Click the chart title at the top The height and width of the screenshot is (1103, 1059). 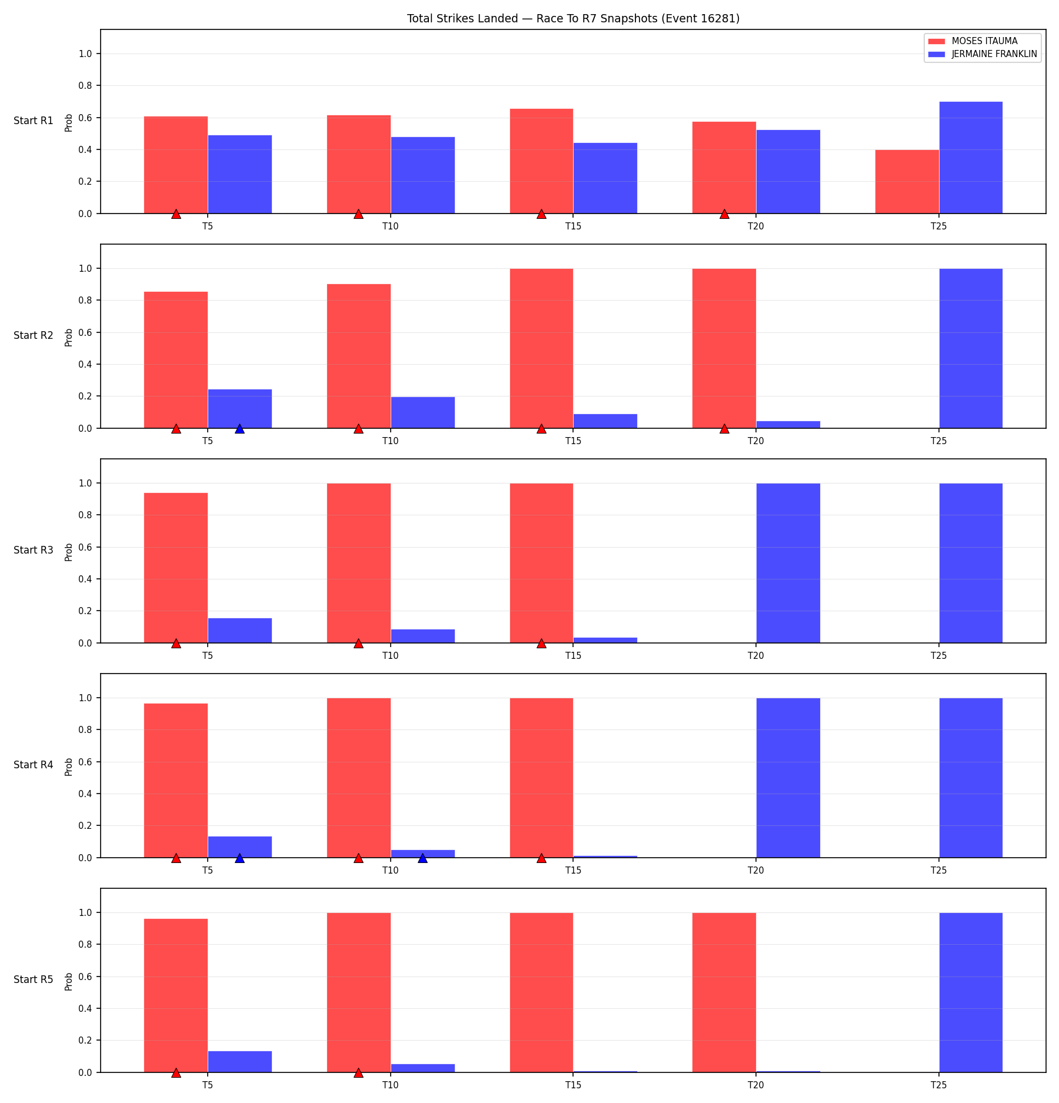573,19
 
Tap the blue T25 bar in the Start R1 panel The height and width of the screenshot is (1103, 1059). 971,158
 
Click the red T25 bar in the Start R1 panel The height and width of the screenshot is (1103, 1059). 907,182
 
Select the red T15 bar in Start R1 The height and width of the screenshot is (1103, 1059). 541,161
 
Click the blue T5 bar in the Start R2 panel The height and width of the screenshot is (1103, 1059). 239,409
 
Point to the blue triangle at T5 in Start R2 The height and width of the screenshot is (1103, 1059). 239,429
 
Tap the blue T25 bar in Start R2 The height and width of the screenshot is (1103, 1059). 971,348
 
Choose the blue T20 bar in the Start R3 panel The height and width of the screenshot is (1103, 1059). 788,563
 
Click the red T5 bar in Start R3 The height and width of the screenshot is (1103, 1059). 176,568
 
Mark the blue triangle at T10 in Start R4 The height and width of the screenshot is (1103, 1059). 422,858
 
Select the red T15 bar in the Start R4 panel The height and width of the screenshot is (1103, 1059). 541,778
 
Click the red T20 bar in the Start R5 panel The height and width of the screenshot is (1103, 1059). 724,992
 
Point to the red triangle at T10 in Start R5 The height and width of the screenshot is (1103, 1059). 358,1073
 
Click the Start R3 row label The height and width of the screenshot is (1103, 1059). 34,550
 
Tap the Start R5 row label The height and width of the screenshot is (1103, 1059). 34,979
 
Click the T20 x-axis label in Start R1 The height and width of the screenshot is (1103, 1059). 756,226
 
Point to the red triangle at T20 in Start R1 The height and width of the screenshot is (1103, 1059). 724,214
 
